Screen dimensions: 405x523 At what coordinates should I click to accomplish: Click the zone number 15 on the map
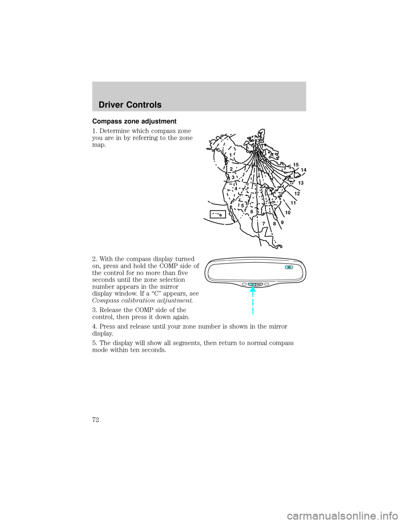coord(296,165)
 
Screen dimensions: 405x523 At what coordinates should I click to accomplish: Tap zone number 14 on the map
coord(303,170)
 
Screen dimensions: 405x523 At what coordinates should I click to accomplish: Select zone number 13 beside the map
coord(301,183)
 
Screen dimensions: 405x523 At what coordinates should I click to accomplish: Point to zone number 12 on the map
coord(297,194)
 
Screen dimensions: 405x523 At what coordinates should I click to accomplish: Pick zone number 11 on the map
coord(293,203)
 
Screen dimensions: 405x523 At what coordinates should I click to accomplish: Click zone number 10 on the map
coord(288,213)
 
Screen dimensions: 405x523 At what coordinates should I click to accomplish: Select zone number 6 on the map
coord(251,212)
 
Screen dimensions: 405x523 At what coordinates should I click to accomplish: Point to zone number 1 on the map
coord(231,155)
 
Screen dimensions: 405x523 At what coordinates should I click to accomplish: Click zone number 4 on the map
coord(236,188)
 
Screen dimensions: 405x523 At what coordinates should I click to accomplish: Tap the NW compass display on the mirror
coord(289,267)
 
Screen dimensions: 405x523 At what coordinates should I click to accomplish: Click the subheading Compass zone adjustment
coord(134,121)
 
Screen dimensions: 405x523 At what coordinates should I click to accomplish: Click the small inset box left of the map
coord(218,214)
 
